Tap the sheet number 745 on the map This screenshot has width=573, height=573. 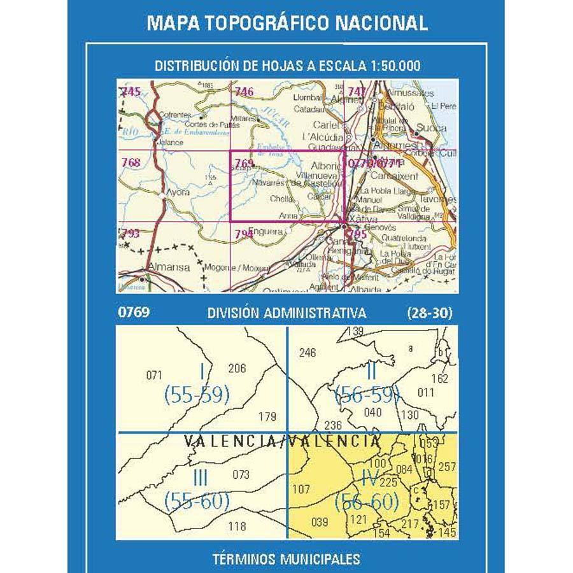pyautogui.click(x=130, y=92)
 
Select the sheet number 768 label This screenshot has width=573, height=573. pyautogui.click(x=130, y=162)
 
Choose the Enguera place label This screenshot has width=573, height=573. pyautogui.click(x=267, y=232)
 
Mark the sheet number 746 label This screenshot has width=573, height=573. pyautogui.click(x=244, y=92)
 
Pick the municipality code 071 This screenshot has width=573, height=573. pyautogui.click(x=155, y=375)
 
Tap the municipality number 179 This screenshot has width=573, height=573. pyautogui.click(x=267, y=417)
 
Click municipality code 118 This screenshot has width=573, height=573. pyautogui.click(x=237, y=526)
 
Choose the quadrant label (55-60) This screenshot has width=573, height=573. pyautogui.click(x=196, y=501)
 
